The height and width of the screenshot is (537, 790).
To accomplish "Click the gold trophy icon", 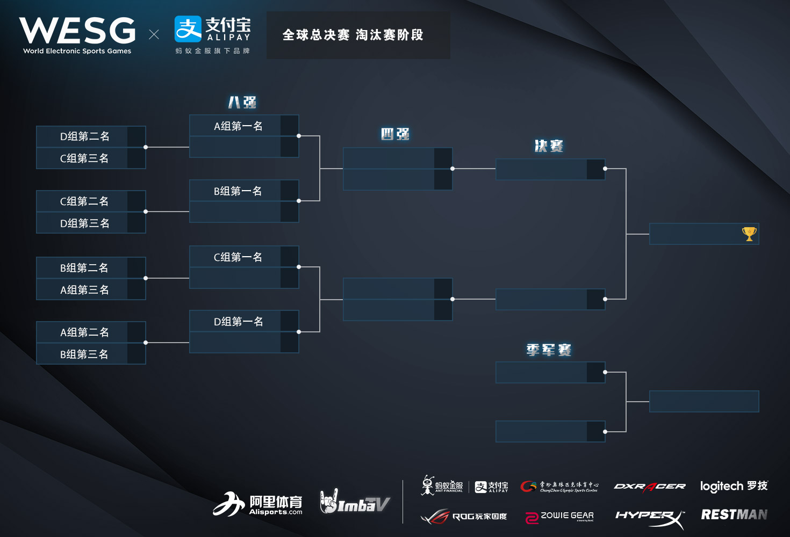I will click(749, 234).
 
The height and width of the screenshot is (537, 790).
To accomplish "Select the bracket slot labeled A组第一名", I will click(238, 126).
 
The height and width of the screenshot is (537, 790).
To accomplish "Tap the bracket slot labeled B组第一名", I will click(238, 191).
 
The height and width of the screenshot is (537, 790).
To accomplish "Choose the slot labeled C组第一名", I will click(238, 257).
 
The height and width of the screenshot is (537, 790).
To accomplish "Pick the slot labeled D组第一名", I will click(238, 322).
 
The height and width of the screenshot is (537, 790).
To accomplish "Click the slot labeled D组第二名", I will click(84, 136).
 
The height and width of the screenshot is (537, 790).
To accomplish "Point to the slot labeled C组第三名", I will click(84, 158).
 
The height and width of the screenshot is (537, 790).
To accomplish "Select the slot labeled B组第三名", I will click(84, 354).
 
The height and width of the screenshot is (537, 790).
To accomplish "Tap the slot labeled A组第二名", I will click(84, 332).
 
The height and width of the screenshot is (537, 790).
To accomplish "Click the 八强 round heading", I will click(242, 102).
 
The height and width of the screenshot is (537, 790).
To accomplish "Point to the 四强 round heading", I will click(396, 134).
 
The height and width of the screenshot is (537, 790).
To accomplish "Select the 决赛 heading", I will click(549, 146).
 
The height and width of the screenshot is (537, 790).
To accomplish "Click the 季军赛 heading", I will click(549, 350).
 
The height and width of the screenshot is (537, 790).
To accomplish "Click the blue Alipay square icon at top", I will click(188, 29).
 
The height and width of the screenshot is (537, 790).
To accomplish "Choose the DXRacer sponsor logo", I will click(650, 487).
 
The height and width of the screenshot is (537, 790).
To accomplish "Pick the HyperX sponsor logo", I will click(650, 517).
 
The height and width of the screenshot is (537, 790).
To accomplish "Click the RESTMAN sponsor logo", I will click(734, 514).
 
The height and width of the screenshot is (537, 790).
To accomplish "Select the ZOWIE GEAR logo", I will click(559, 517).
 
